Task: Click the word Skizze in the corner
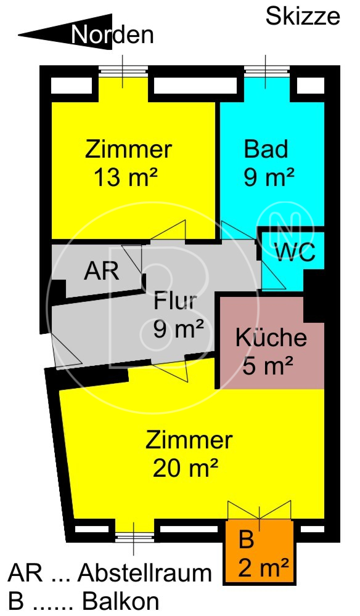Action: (x=303, y=17)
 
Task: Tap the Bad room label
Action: (x=266, y=149)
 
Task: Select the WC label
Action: (x=295, y=252)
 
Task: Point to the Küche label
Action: (x=271, y=337)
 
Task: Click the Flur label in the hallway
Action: (x=175, y=301)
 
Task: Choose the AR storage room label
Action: (x=101, y=270)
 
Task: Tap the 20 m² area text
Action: (x=185, y=468)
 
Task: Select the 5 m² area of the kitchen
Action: (x=268, y=366)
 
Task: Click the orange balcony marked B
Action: (x=260, y=552)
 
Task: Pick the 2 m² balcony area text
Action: (x=263, y=568)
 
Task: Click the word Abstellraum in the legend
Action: (x=145, y=573)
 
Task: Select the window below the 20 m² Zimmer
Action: (x=134, y=537)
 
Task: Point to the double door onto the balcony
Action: (x=260, y=510)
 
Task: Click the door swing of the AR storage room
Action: (x=132, y=259)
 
